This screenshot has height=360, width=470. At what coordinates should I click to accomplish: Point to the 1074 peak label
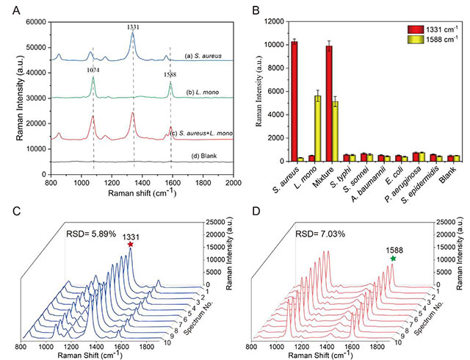(x=93, y=70)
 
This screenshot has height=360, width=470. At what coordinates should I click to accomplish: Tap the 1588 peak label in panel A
(x=170, y=74)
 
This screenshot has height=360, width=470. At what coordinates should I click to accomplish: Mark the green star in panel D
(x=394, y=258)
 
